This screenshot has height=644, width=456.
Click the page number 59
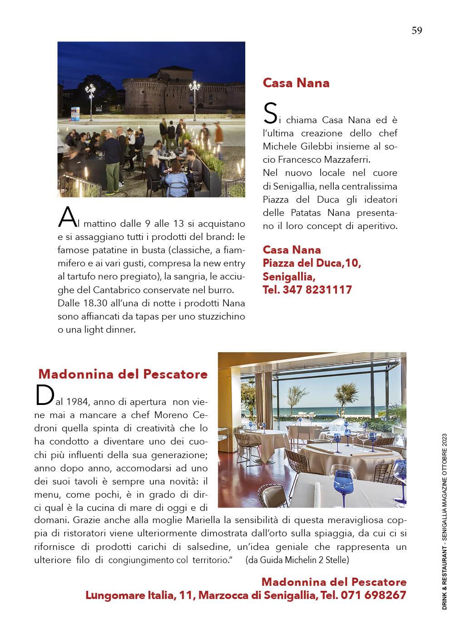tap(416, 30)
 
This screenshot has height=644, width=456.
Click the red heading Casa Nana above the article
tap(296, 83)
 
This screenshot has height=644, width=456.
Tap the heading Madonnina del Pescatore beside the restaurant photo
tap(123, 374)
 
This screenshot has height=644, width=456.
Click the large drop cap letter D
tap(41, 396)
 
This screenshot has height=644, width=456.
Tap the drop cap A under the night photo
tap(66, 218)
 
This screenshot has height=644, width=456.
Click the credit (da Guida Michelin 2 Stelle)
tap(297, 560)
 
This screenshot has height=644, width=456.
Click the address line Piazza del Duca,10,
tap(312, 263)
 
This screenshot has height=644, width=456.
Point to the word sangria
tap(194, 276)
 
